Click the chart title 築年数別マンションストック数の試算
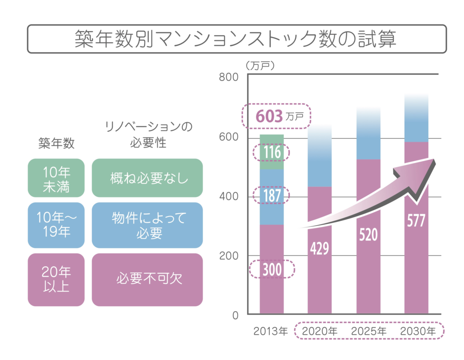tap(236, 39)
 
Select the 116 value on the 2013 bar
tap(272, 153)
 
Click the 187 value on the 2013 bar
tap(272, 196)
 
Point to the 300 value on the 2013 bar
tap(272, 269)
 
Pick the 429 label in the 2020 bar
tap(319, 248)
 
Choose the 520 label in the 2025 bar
tap(368, 235)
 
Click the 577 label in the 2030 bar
tap(416, 221)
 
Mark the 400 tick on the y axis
tap(228, 197)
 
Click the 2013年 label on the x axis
tap(271, 331)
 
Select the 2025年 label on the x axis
tap(369, 331)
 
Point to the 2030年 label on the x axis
tap(417, 331)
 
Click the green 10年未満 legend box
tap(56, 178)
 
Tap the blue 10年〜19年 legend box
tap(56, 225)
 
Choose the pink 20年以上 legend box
tap(56, 279)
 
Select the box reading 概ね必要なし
tap(147, 178)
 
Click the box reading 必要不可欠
tap(147, 279)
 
